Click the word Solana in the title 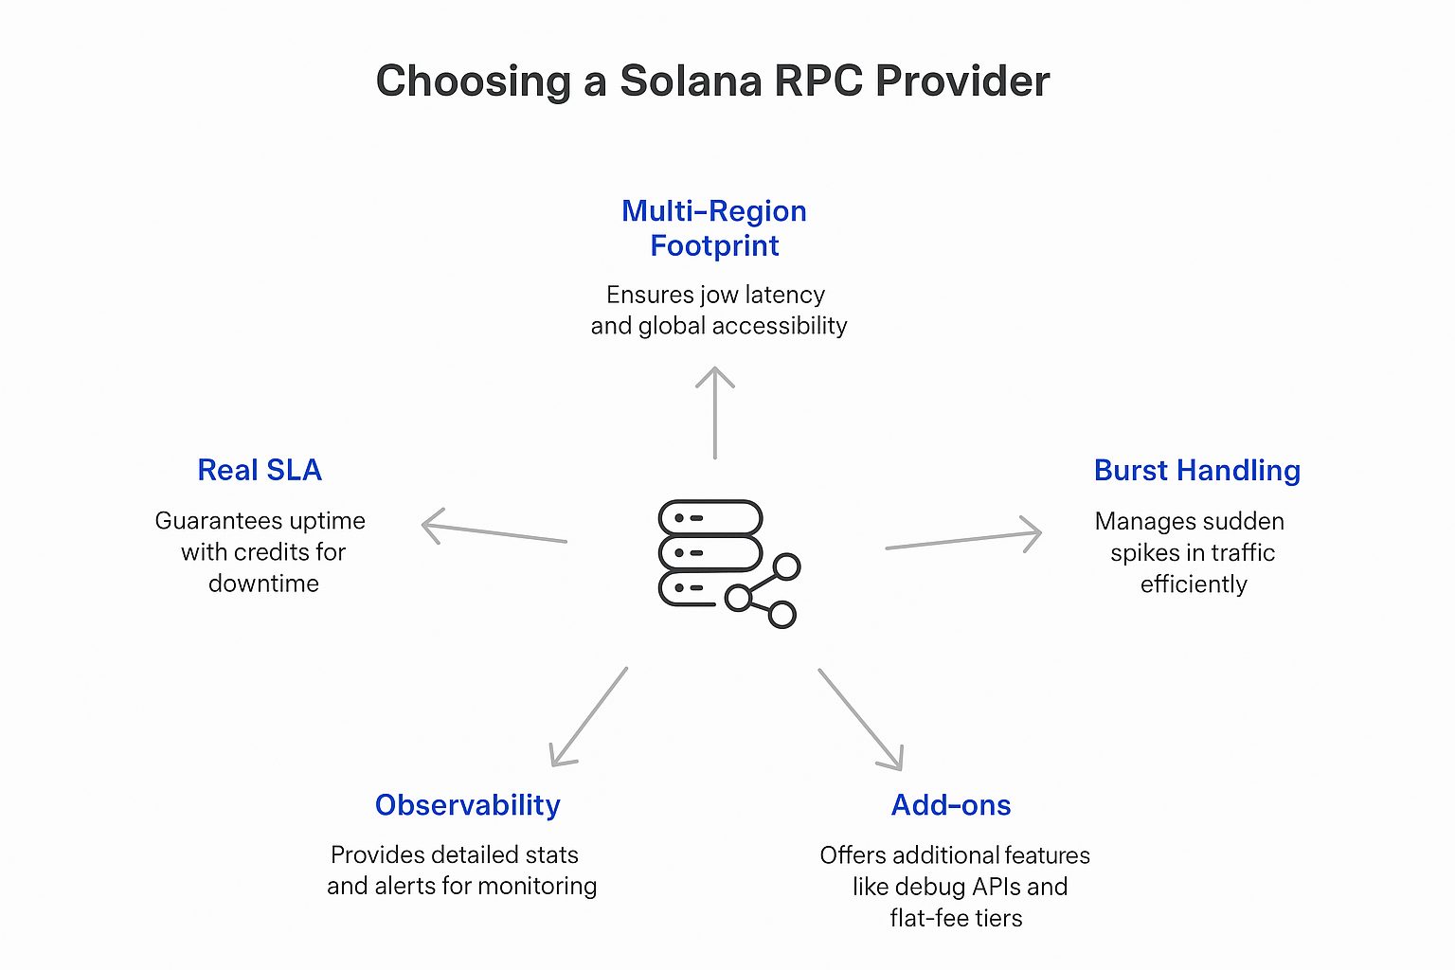coord(691,81)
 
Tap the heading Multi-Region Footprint coord(714,228)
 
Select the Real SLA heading coord(260,470)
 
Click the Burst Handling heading coord(1196,470)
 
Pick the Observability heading coord(468,804)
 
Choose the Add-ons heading coord(951,804)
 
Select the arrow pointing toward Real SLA coord(494,532)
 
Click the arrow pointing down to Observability coord(589,716)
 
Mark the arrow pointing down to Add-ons coord(860,719)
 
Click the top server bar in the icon coord(710,518)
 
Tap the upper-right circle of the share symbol coord(786,567)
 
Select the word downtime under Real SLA coord(263,584)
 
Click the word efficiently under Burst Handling coord(1194,584)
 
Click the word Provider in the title coord(961,81)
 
